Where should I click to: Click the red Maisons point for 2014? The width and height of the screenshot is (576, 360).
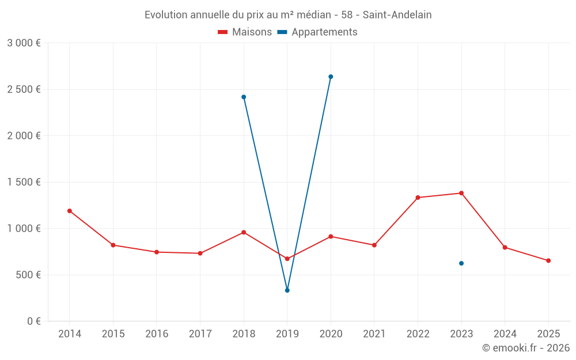coord(70,211)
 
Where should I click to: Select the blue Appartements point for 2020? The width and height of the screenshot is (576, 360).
coord(331,77)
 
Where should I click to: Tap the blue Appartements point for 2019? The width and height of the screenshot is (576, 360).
coord(287,290)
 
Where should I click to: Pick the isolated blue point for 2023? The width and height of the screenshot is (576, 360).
coord(461,263)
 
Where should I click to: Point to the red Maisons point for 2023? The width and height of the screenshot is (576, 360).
coord(461,193)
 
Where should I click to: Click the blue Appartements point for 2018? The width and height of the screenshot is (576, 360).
coord(244,97)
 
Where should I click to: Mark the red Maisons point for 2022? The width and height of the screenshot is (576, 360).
coord(418,198)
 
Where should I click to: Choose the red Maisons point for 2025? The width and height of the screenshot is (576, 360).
coord(548,261)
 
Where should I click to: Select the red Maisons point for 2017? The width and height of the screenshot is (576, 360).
coord(200,253)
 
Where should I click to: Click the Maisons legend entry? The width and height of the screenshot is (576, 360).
coord(245,32)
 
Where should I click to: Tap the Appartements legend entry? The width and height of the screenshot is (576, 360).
coord(317,32)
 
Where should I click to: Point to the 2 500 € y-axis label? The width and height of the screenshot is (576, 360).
coord(24,89)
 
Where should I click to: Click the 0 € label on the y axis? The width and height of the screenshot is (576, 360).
coord(34,321)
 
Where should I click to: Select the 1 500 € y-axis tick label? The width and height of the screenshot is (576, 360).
coord(24,182)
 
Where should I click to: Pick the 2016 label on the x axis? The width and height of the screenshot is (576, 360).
coord(157,334)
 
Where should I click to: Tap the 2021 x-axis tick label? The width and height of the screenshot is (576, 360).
coord(374,334)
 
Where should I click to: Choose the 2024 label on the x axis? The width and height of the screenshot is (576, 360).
coord(505,334)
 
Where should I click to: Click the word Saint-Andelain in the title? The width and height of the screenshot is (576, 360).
coord(397,15)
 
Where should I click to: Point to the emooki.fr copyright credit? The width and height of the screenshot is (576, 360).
coord(526,348)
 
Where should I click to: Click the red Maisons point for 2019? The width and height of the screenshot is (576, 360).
coord(287,259)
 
